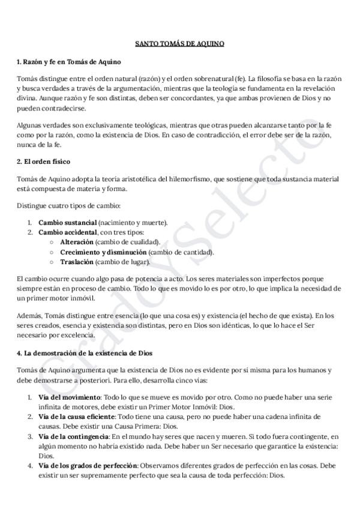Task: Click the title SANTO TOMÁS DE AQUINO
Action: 179,44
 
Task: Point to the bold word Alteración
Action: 77,242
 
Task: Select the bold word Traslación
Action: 77,262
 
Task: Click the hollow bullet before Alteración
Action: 52,242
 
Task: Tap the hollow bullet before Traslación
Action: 52,262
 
